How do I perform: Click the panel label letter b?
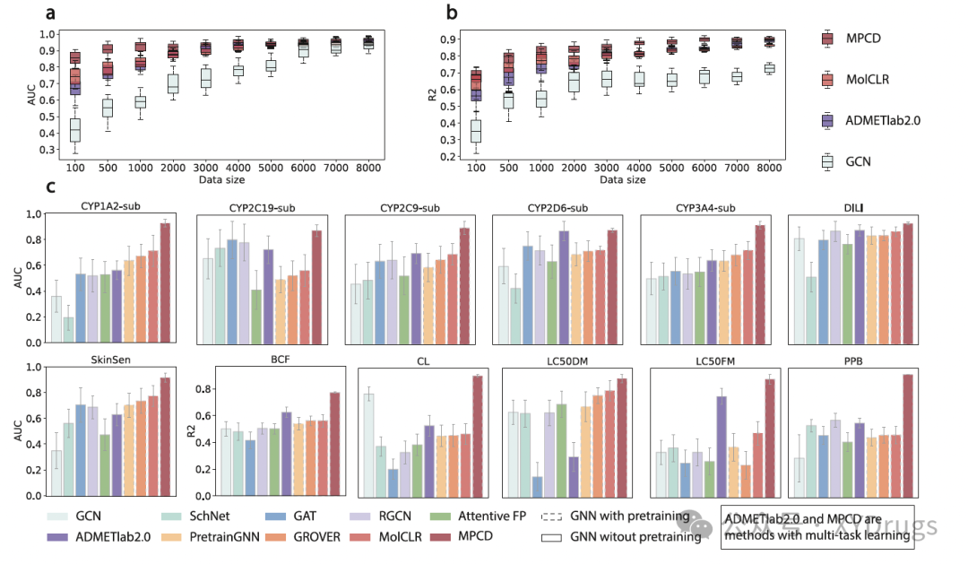point(452,13)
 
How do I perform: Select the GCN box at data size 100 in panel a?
point(75,130)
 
